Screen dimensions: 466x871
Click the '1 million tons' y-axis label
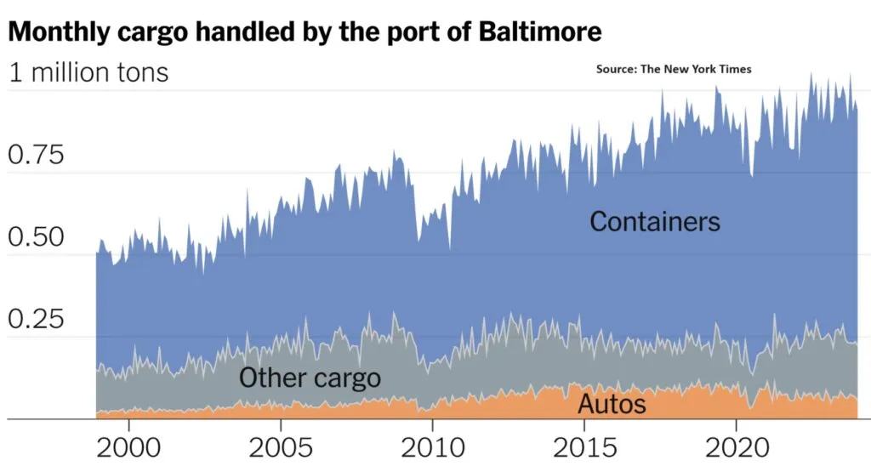pyautogui.click(x=88, y=73)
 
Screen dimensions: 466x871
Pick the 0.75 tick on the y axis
pyautogui.click(x=35, y=156)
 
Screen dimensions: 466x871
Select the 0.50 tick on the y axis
pyautogui.click(x=35, y=237)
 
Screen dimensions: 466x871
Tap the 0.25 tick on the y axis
pyautogui.click(x=35, y=320)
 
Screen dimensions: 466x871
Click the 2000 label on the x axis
pyautogui.click(x=128, y=447)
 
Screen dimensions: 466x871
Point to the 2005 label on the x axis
pyautogui.click(x=280, y=447)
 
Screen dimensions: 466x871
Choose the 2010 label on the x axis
pyautogui.click(x=432, y=447)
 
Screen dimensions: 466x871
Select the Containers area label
pyautogui.click(x=655, y=222)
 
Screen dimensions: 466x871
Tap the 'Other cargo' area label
pyautogui.click(x=310, y=378)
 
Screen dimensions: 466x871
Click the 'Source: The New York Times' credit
pyautogui.click(x=674, y=69)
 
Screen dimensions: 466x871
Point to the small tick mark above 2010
pyautogui.click(x=432, y=424)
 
